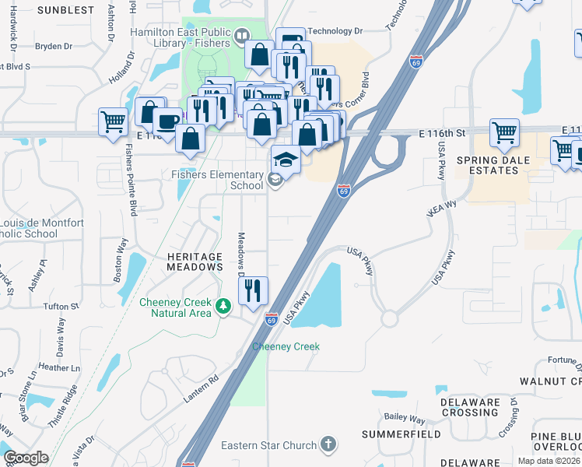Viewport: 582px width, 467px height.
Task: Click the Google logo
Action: [x=26, y=458]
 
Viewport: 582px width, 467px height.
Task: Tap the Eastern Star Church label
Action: [x=268, y=445]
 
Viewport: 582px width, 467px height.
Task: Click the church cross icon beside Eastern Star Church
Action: [x=328, y=444]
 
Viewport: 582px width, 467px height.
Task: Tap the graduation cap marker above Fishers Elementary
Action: [x=286, y=160]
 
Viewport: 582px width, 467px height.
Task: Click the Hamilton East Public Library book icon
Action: [x=242, y=36]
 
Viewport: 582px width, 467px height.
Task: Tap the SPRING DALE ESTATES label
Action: [x=503, y=166]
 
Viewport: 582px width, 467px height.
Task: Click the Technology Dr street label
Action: [x=335, y=31]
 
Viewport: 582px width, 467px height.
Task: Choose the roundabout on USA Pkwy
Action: [x=389, y=319]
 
